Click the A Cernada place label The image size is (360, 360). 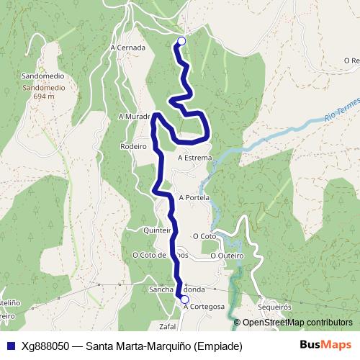[128, 48]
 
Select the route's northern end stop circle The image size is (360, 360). [181, 42]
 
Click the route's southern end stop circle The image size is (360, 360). [184, 300]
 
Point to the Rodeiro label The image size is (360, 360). [134, 145]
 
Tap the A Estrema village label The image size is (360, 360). [194, 158]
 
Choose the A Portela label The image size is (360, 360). [194, 197]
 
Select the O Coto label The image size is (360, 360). [204, 235]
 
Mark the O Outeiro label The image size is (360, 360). [228, 255]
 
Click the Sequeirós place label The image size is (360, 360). [273, 306]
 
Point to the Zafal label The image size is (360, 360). [167, 326]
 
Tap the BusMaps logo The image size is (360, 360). [325, 345]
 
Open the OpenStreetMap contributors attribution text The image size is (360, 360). [297, 322]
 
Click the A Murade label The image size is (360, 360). [134, 115]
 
